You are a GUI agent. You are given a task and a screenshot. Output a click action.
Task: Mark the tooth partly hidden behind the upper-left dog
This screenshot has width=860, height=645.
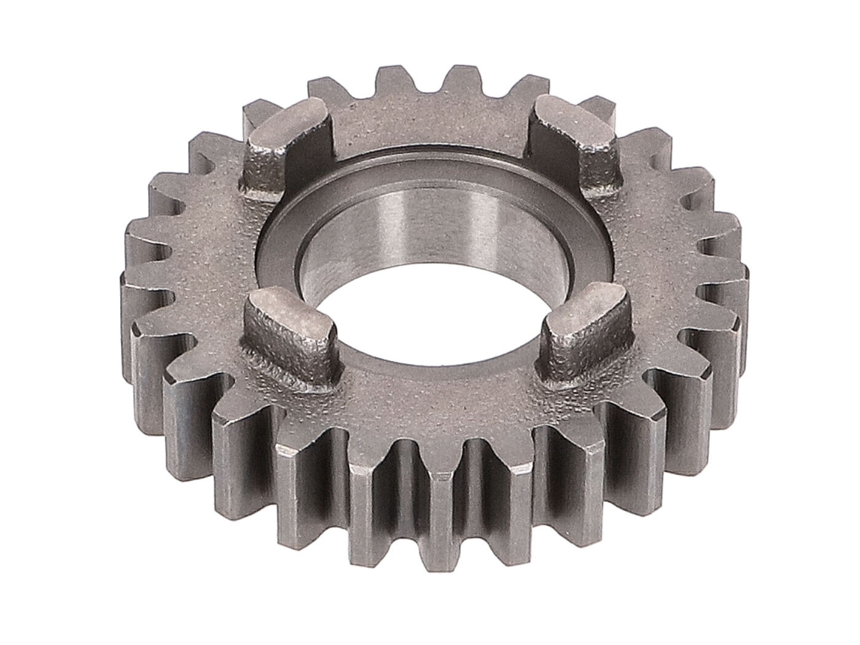coord(258,114)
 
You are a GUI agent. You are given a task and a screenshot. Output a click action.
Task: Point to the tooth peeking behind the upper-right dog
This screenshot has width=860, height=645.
coord(593,104)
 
